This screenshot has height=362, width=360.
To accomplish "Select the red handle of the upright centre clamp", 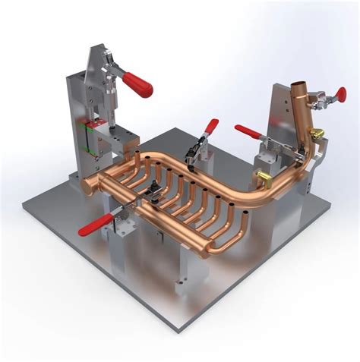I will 211,125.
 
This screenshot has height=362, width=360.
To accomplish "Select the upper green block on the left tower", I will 93,124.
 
